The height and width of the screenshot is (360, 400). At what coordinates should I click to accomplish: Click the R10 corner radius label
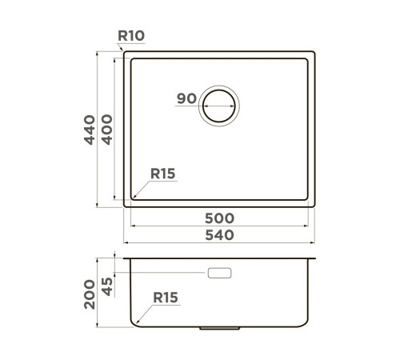tap(130, 35)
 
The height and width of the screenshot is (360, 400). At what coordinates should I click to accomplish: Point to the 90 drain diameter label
tap(186, 98)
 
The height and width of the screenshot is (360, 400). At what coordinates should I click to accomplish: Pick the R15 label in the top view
tap(162, 174)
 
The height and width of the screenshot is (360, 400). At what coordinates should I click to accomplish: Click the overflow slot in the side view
tap(218, 274)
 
